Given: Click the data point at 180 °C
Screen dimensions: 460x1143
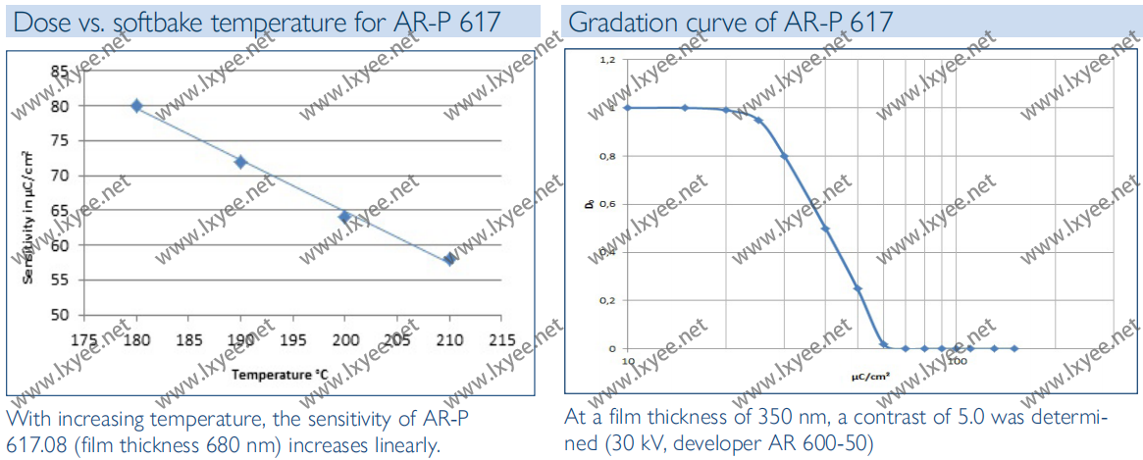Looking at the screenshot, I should coord(136,106).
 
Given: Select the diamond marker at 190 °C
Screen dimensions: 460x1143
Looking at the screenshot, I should coord(240,162).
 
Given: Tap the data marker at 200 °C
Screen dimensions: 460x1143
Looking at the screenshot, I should coord(344,217).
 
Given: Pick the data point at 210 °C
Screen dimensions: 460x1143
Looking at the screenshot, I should coord(449,259).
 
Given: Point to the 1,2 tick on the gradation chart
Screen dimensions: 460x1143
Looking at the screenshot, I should coord(608,60).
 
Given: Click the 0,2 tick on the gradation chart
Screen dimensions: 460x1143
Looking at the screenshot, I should coord(608,300).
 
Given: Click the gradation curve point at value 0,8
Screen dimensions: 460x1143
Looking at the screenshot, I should coord(784,156).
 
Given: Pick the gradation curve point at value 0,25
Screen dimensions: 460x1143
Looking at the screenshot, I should coord(857,288).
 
